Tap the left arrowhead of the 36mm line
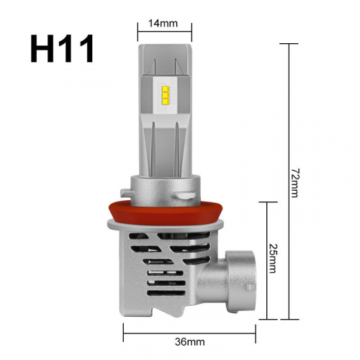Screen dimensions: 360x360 pyautogui.click(x=126, y=330)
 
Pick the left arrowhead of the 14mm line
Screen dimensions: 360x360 pyautogui.click(x=140, y=32)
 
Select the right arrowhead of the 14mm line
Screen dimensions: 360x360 pyautogui.click(x=190, y=32)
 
